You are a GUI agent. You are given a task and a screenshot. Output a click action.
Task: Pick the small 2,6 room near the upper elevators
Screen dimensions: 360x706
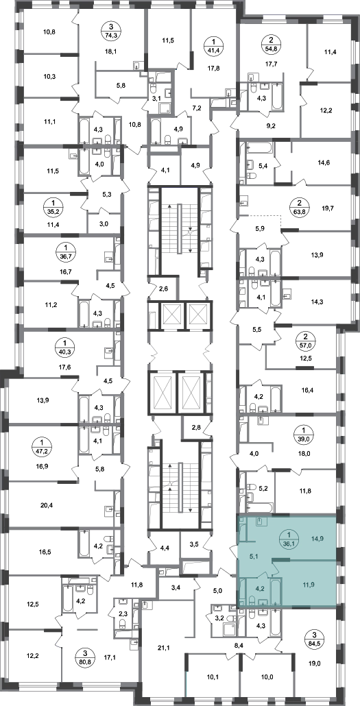[x=164, y=288]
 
